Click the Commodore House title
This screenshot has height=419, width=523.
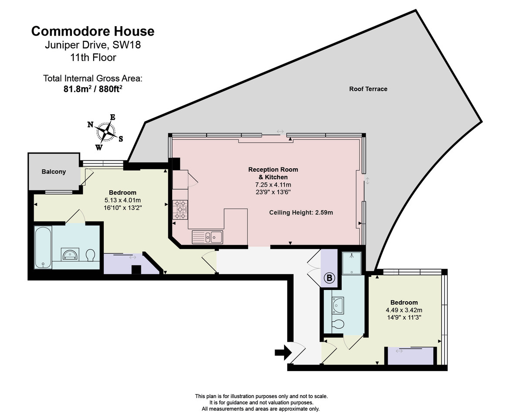click(x=92, y=31)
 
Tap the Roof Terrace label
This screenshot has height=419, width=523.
click(x=368, y=89)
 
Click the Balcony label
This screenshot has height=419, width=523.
click(x=54, y=172)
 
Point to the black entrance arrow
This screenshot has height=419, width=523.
click(x=283, y=352)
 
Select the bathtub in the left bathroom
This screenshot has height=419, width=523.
click(x=43, y=247)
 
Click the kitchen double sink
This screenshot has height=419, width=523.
click(x=208, y=237)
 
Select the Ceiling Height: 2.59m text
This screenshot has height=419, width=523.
click(x=301, y=213)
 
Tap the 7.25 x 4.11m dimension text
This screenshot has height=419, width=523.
click(x=273, y=184)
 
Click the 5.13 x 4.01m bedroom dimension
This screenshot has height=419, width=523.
click(x=122, y=201)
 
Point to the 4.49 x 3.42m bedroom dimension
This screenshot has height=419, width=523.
click(x=404, y=310)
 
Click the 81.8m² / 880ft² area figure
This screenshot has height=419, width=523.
click(x=92, y=89)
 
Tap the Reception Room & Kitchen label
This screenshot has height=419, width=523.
click(x=273, y=173)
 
